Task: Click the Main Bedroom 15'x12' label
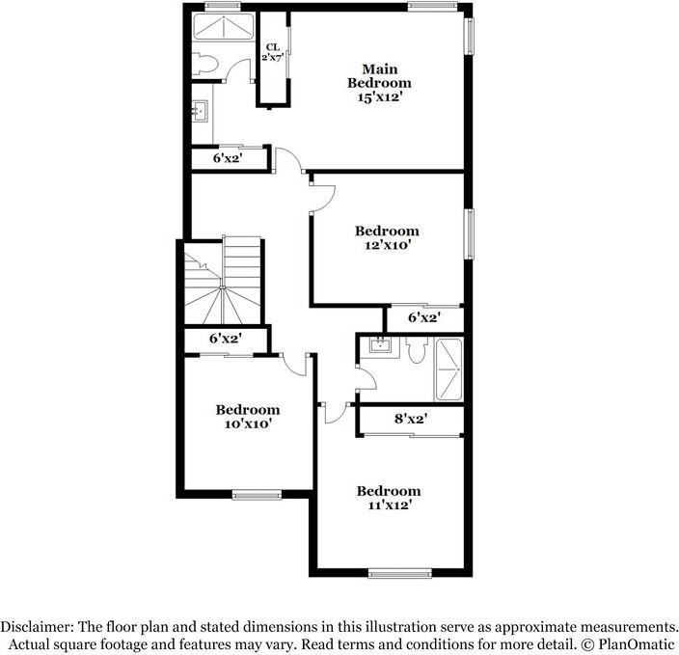click(x=387, y=83)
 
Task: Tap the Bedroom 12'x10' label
click(x=387, y=238)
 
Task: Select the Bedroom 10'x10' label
click(x=247, y=416)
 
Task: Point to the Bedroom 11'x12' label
click(x=389, y=498)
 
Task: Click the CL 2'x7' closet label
click(x=273, y=52)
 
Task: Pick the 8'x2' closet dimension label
click(x=411, y=419)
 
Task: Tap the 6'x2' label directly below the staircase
click(x=225, y=339)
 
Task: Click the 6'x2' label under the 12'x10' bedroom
click(x=424, y=317)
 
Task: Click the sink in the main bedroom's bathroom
click(x=201, y=113)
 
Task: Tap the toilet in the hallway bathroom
click(x=416, y=350)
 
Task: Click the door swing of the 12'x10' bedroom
click(x=323, y=193)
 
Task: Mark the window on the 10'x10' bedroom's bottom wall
click(x=256, y=496)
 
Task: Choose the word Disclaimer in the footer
click(x=38, y=626)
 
